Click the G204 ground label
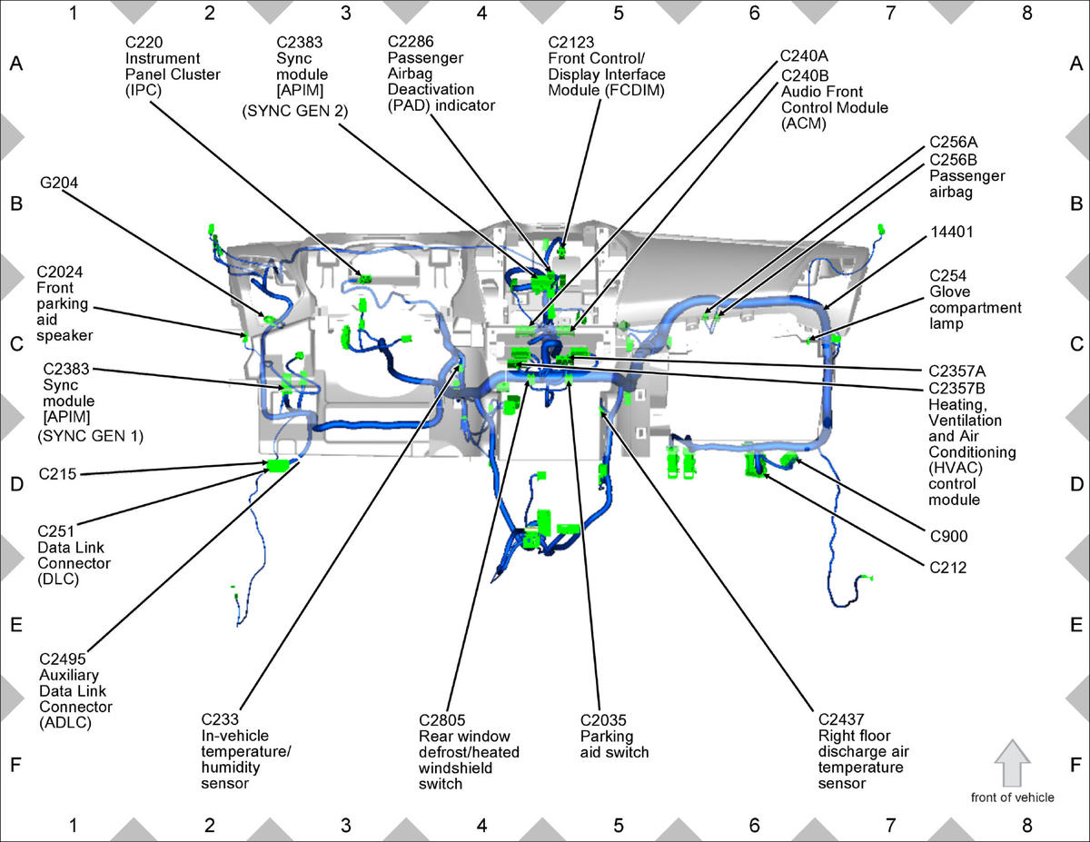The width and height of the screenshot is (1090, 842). point(59,183)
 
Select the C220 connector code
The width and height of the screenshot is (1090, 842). point(144,42)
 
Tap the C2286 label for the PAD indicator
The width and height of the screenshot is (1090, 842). point(411,42)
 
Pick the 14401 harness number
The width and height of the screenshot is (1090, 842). point(952,232)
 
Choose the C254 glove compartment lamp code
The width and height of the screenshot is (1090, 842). point(948,275)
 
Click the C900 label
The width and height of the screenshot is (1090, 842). point(948,536)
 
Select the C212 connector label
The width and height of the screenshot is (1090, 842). point(948,568)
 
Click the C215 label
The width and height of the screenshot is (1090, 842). point(57,473)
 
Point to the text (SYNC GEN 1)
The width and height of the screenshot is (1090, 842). point(91,436)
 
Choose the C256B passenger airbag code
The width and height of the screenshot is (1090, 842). point(954,160)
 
